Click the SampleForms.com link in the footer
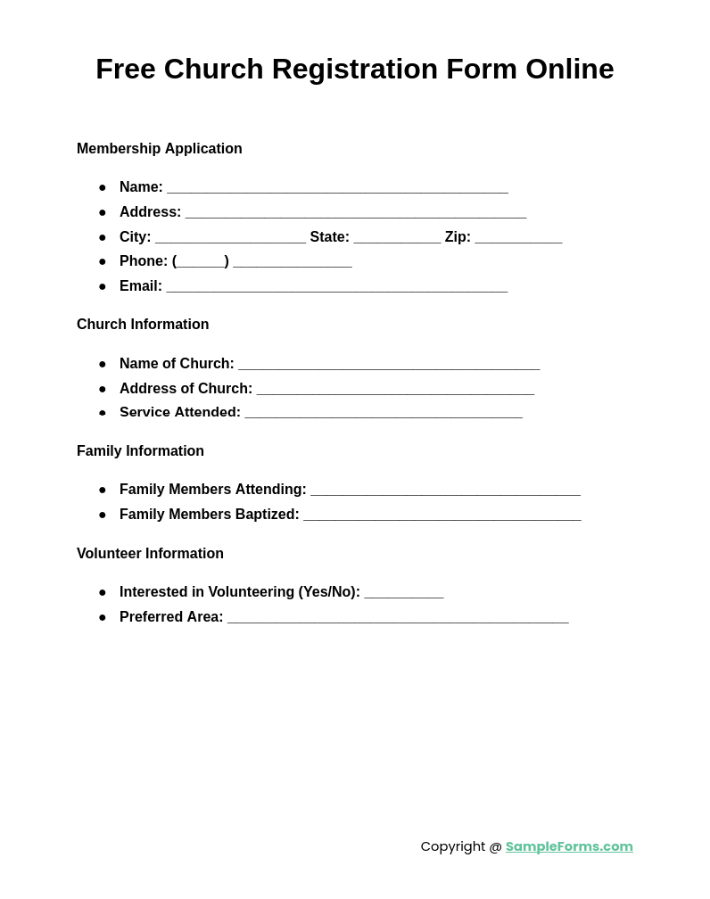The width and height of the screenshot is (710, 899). click(569, 846)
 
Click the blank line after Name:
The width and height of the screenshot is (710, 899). click(337, 188)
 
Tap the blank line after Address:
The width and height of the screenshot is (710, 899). click(356, 213)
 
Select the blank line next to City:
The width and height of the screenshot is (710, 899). click(230, 238)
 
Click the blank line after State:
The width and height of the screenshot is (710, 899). click(397, 238)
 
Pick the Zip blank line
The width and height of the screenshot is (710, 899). click(518, 238)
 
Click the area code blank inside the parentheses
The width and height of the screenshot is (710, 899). click(201, 262)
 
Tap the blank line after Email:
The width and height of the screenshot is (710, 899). click(336, 287)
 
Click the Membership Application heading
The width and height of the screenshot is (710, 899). click(160, 149)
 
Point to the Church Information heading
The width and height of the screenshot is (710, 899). click(143, 325)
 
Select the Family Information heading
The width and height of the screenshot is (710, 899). click(140, 451)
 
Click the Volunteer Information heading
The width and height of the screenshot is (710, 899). click(150, 554)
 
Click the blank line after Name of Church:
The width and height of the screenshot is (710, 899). click(389, 365)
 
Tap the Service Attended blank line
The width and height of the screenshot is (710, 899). click(384, 414)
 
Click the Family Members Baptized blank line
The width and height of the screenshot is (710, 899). click(442, 515)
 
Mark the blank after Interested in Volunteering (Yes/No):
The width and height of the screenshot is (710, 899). click(404, 593)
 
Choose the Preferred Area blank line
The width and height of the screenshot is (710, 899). click(398, 618)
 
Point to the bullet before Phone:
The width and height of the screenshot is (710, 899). click(103, 262)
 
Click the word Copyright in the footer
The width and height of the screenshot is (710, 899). click(454, 846)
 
